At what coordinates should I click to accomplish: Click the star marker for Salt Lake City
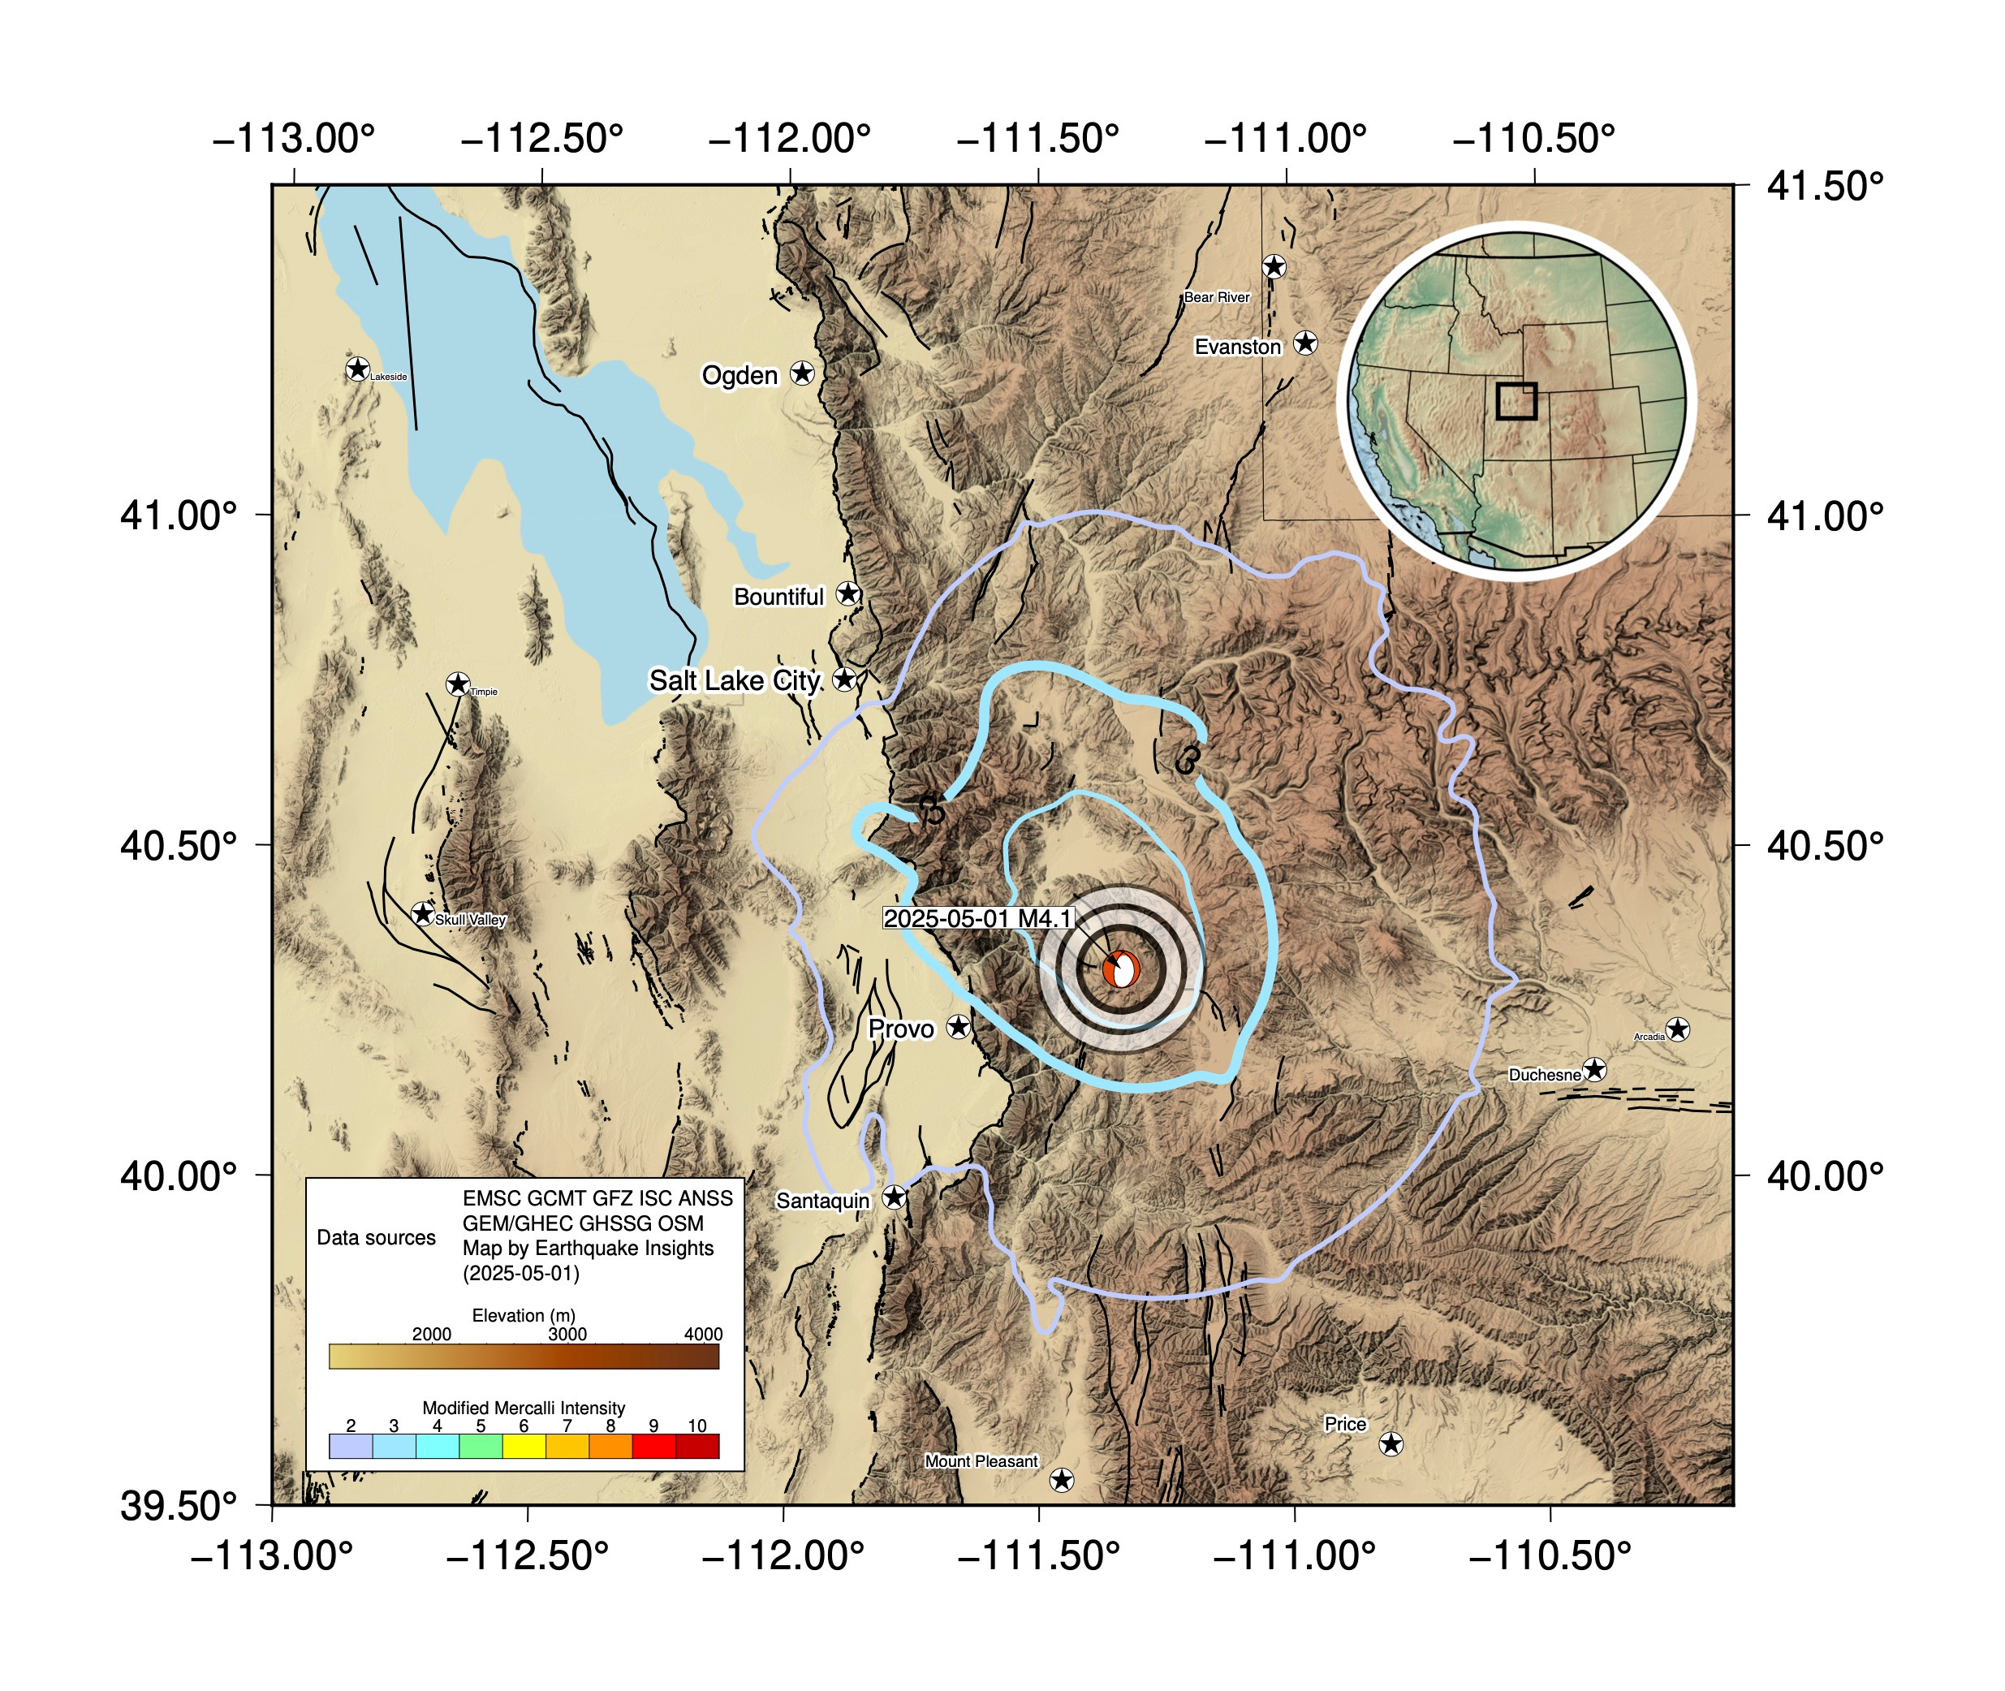click(x=844, y=679)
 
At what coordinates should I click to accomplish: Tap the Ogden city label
click(x=739, y=375)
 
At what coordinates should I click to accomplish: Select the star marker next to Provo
click(x=959, y=1027)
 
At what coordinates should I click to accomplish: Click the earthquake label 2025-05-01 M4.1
click(x=977, y=918)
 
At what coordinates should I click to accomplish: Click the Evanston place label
click(x=1237, y=347)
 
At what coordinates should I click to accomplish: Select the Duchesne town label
click(x=1544, y=1075)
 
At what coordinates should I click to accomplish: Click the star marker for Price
click(x=1391, y=1443)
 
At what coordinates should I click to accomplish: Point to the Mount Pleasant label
click(x=981, y=1461)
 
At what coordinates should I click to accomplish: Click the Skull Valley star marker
click(x=423, y=912)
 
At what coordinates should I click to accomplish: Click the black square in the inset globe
click(x=1516, y=401)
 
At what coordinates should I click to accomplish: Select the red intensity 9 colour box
click(x=653, y=1447)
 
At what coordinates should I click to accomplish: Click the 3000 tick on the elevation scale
click(x=567, y=1335)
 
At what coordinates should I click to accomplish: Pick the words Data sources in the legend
click(x=376, y=1237)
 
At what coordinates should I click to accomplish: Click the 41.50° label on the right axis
click(x=1824, y=186)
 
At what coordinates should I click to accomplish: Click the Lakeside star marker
click(x=357, y=369)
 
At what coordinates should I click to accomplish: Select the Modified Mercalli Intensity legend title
click(x=524, y=1407)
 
